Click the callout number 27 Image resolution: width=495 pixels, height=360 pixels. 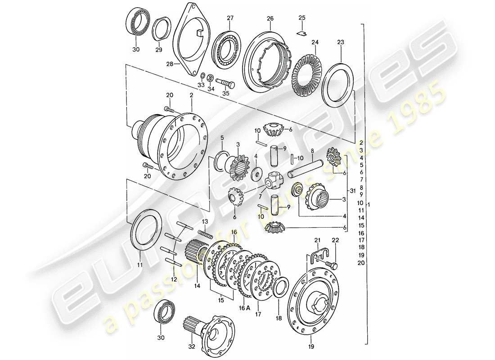point(230,18)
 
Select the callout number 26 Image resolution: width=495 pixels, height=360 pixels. point(270,18)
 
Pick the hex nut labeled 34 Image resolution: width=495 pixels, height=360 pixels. point(210,75)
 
